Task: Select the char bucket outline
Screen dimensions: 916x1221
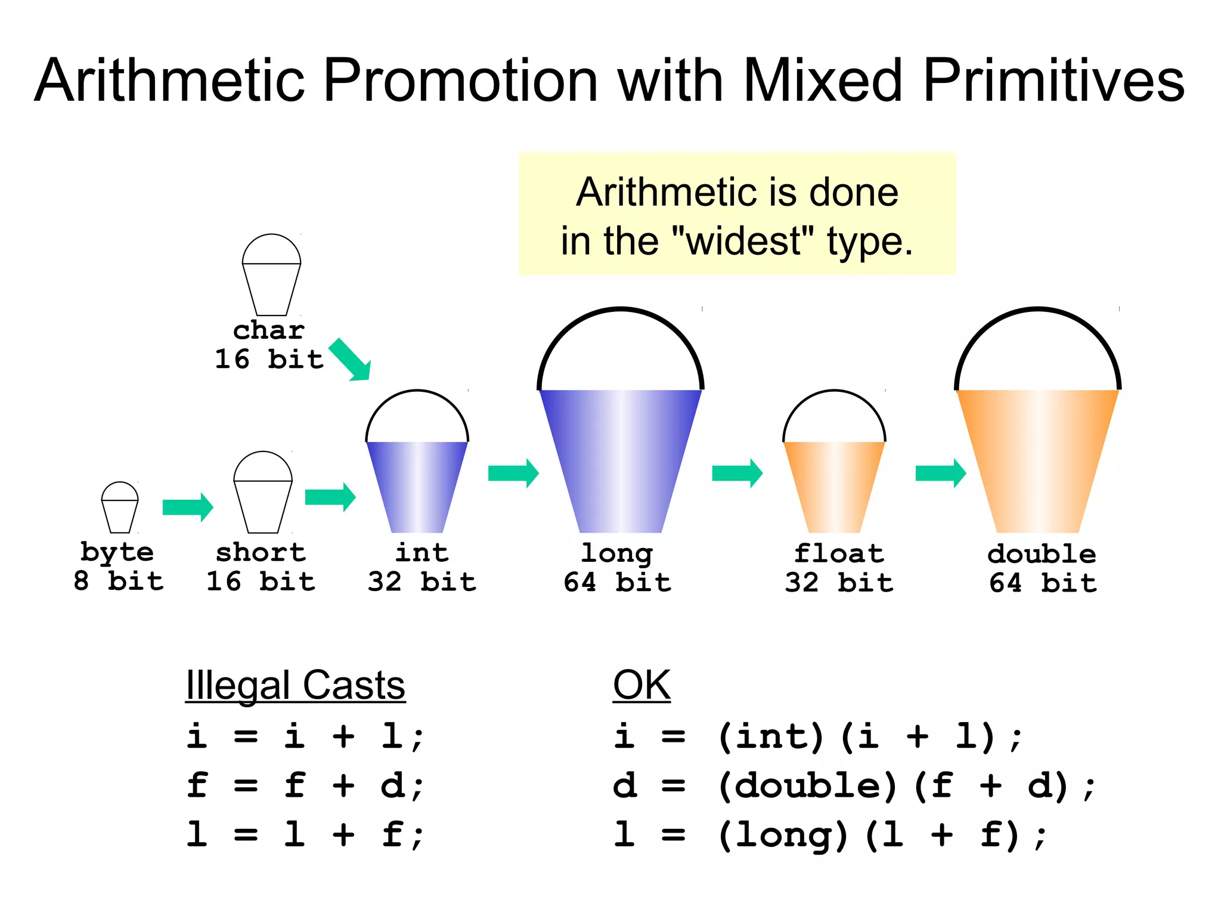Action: click(x=271, y=280)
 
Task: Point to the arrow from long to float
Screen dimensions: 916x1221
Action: click(x=737, y=474)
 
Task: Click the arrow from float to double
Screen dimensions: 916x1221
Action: click(x=940, y=474)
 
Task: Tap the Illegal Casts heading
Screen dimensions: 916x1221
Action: click(x=295, y=686)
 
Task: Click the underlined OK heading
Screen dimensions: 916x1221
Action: click(x=642, y=686)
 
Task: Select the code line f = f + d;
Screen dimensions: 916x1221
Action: click(x=305, y=785)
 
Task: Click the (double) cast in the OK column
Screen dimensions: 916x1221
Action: click(x=807, y=785)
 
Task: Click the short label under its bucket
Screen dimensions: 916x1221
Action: click(x=261, y=553)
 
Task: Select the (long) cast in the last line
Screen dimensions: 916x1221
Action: click(x=783, y=835)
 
